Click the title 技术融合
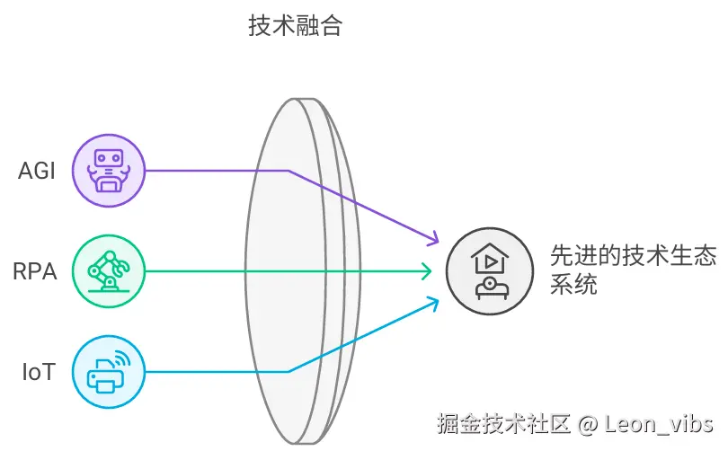pos(295,26)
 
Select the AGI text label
pos(37,171)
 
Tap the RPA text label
pos(36,270)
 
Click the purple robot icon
pos(108,171)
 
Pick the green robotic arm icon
pos(108,270)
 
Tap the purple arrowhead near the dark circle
pos(434,239)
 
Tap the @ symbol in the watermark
pos(588,423)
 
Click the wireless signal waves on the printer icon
pos(121,358)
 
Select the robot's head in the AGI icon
pos(108,160)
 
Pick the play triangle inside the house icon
pos(490,261)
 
